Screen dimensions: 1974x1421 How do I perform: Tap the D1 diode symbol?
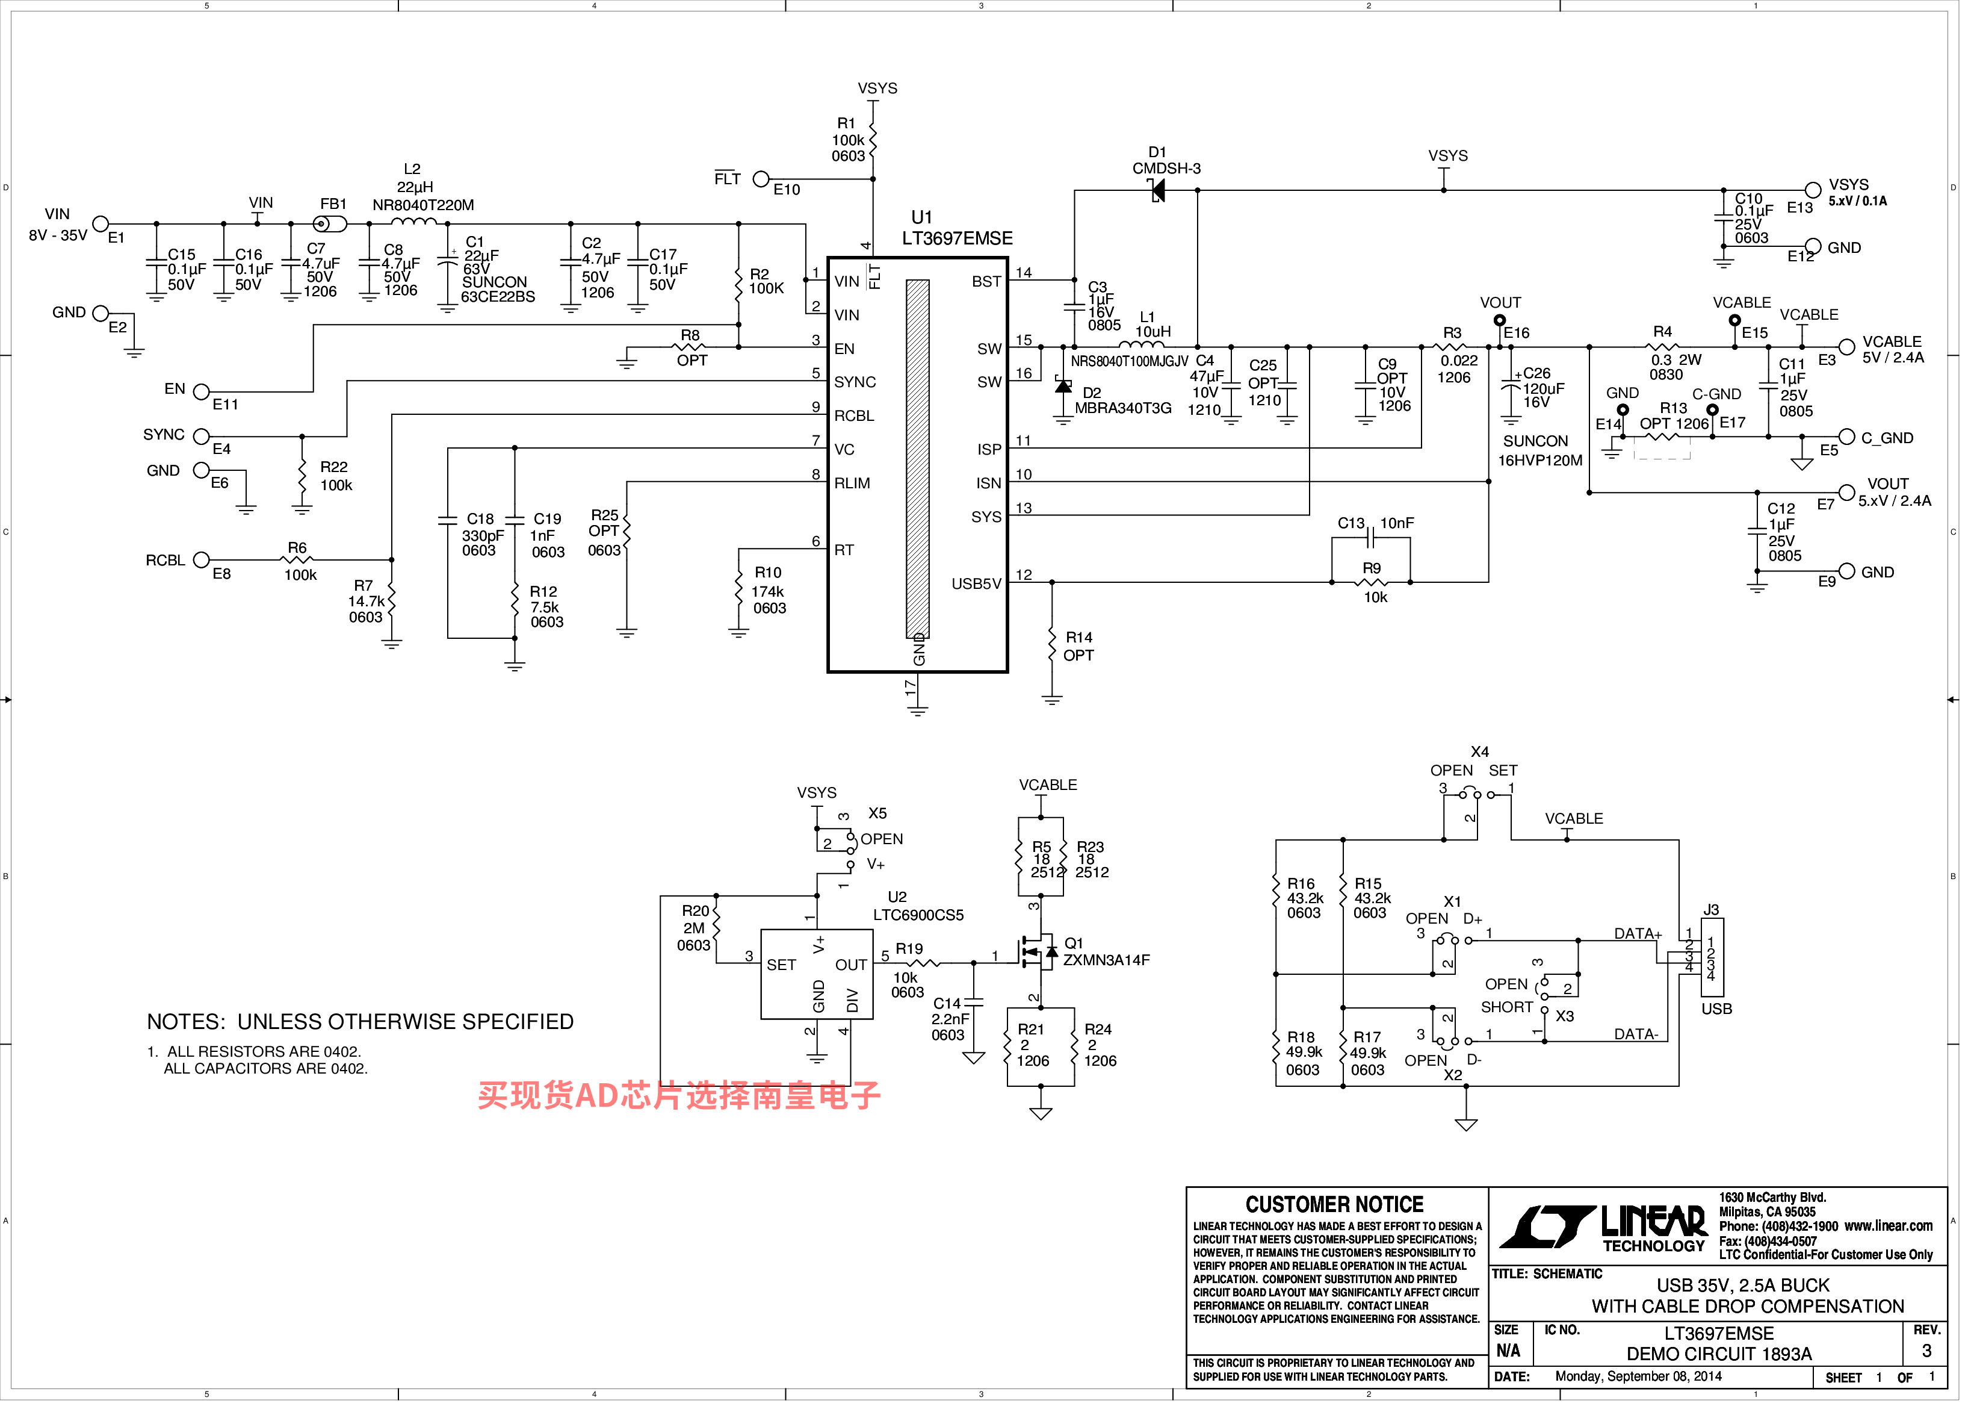(1157, 190)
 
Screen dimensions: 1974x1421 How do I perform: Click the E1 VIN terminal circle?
(101, 224)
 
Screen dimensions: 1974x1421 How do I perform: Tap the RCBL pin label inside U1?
(854, 416)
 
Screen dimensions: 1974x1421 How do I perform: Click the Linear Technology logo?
(1603, 1228)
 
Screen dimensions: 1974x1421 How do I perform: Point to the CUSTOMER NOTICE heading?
(1334, 1205)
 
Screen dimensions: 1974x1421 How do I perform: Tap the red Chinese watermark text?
(679, 1095)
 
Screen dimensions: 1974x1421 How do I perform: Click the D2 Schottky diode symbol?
(1063, 386)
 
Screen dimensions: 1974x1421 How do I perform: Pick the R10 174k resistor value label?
(768, 592)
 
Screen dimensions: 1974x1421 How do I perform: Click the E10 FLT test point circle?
(761, 178)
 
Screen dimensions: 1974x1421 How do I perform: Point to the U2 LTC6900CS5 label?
(918, 906)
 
